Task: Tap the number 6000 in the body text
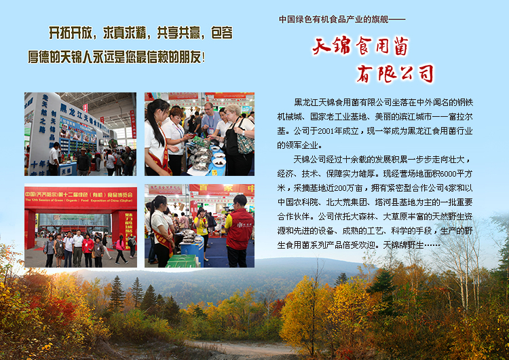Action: [x=449, y=174]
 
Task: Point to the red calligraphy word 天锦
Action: [x=332, y=46]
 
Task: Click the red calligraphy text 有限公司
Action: [x=395, y=73]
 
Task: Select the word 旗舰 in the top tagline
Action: [x=380, y=20]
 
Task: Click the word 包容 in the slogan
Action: [x=222, y=33]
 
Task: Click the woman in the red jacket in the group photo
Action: [x=88, y=249]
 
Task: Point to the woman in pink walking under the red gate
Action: [x=119, y=249]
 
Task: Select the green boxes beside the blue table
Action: [x=182, y=261]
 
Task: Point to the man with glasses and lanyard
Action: [x=210, y=120]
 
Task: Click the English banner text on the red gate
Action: [x=79, y=200]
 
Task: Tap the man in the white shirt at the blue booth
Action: [x=54, y=158]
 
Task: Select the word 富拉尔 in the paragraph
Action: [x=460, y=117]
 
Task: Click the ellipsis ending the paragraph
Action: [x=432, y=245]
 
